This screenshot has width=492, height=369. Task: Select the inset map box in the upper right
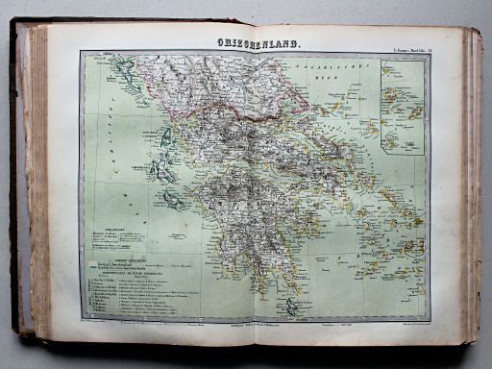[x=402, y=105]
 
